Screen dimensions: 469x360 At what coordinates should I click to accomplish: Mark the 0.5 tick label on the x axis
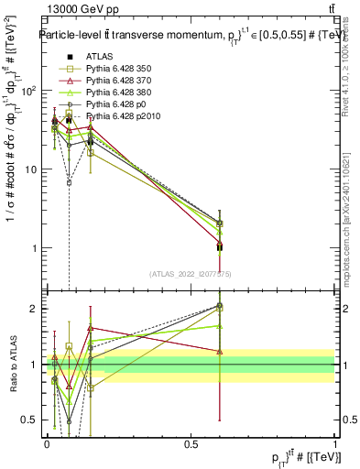click(x=191, y=444)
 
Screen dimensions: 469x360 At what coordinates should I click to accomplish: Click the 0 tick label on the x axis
click(x=47, y=444)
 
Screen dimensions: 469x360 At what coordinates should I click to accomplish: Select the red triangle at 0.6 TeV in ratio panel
click(x=219, y=351)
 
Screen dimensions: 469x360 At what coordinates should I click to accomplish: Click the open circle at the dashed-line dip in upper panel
click(x=69, y=182)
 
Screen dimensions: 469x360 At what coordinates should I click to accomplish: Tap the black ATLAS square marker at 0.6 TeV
click(x=219, y=247)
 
